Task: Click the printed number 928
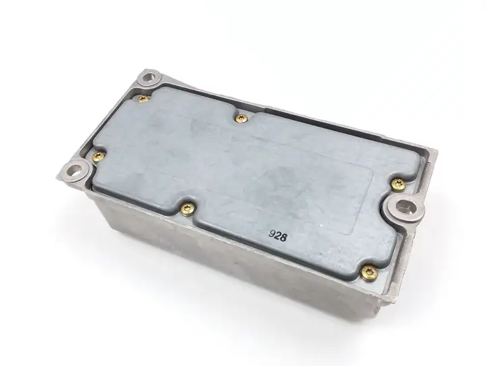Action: tap(278, 236)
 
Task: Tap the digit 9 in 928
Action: tap(273, 234)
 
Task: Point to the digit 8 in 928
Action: tap(283, 238)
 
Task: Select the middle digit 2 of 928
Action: tap(278, 236)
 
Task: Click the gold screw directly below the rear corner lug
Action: tap(143, 99)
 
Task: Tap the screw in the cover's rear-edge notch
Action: tap(241, 118)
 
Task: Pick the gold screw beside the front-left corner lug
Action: tap(98, 157)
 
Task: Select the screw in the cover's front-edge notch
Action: tap(188, 208)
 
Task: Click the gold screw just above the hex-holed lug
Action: tap(398, 185)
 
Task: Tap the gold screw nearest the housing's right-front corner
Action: tap(370, 273)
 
